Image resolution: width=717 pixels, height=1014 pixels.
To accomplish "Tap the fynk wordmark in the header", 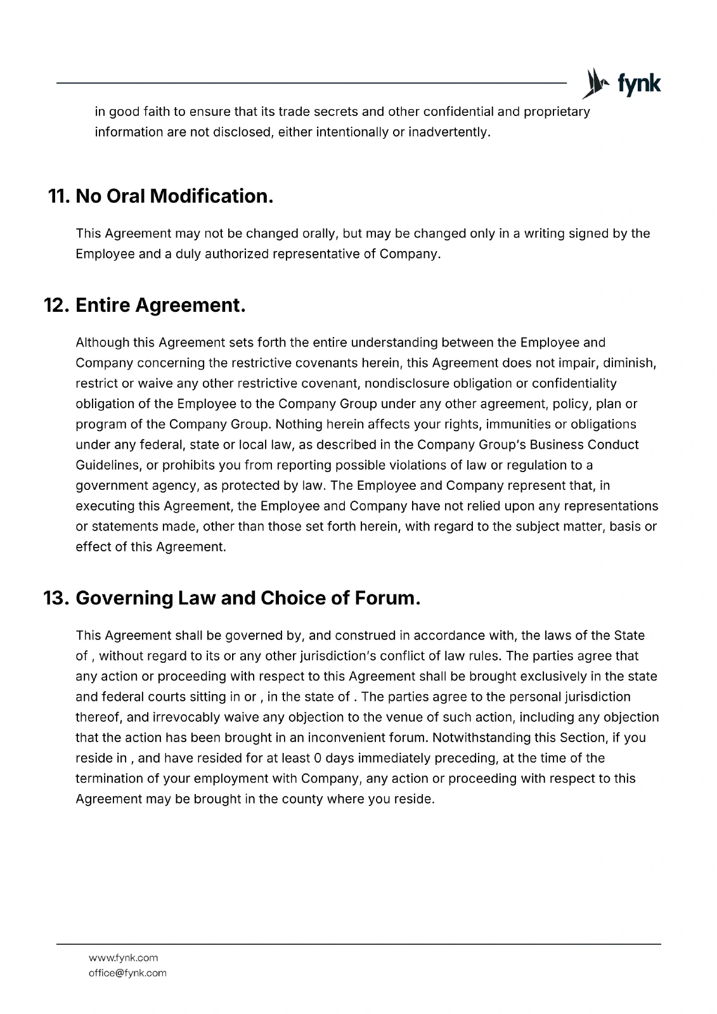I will (x=638, y=84).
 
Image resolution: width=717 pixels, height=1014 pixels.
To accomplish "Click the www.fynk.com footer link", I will (x=124, y=958).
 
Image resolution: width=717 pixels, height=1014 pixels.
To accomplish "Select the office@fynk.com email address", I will (x=127, y=973).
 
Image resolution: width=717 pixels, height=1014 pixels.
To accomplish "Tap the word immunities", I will (x=515, y=424).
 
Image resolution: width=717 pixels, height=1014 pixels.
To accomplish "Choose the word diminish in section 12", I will (x=629, y=363).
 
